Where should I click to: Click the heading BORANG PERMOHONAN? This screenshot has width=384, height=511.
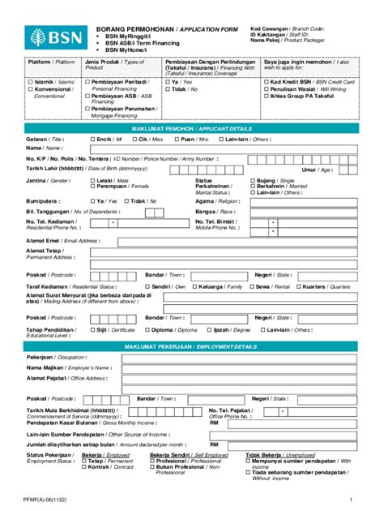pos(122,28)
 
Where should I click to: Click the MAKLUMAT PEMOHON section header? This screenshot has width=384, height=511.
pos(190,129)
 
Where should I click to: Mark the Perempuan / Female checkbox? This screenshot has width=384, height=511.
pos(92,186)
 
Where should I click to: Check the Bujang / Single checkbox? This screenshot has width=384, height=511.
pos(252,179)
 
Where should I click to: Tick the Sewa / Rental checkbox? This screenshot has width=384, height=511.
pos(252,286)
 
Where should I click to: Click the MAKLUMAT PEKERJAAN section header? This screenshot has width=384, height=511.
pos(190,346)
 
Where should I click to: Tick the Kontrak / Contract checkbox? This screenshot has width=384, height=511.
pos(84,466)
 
